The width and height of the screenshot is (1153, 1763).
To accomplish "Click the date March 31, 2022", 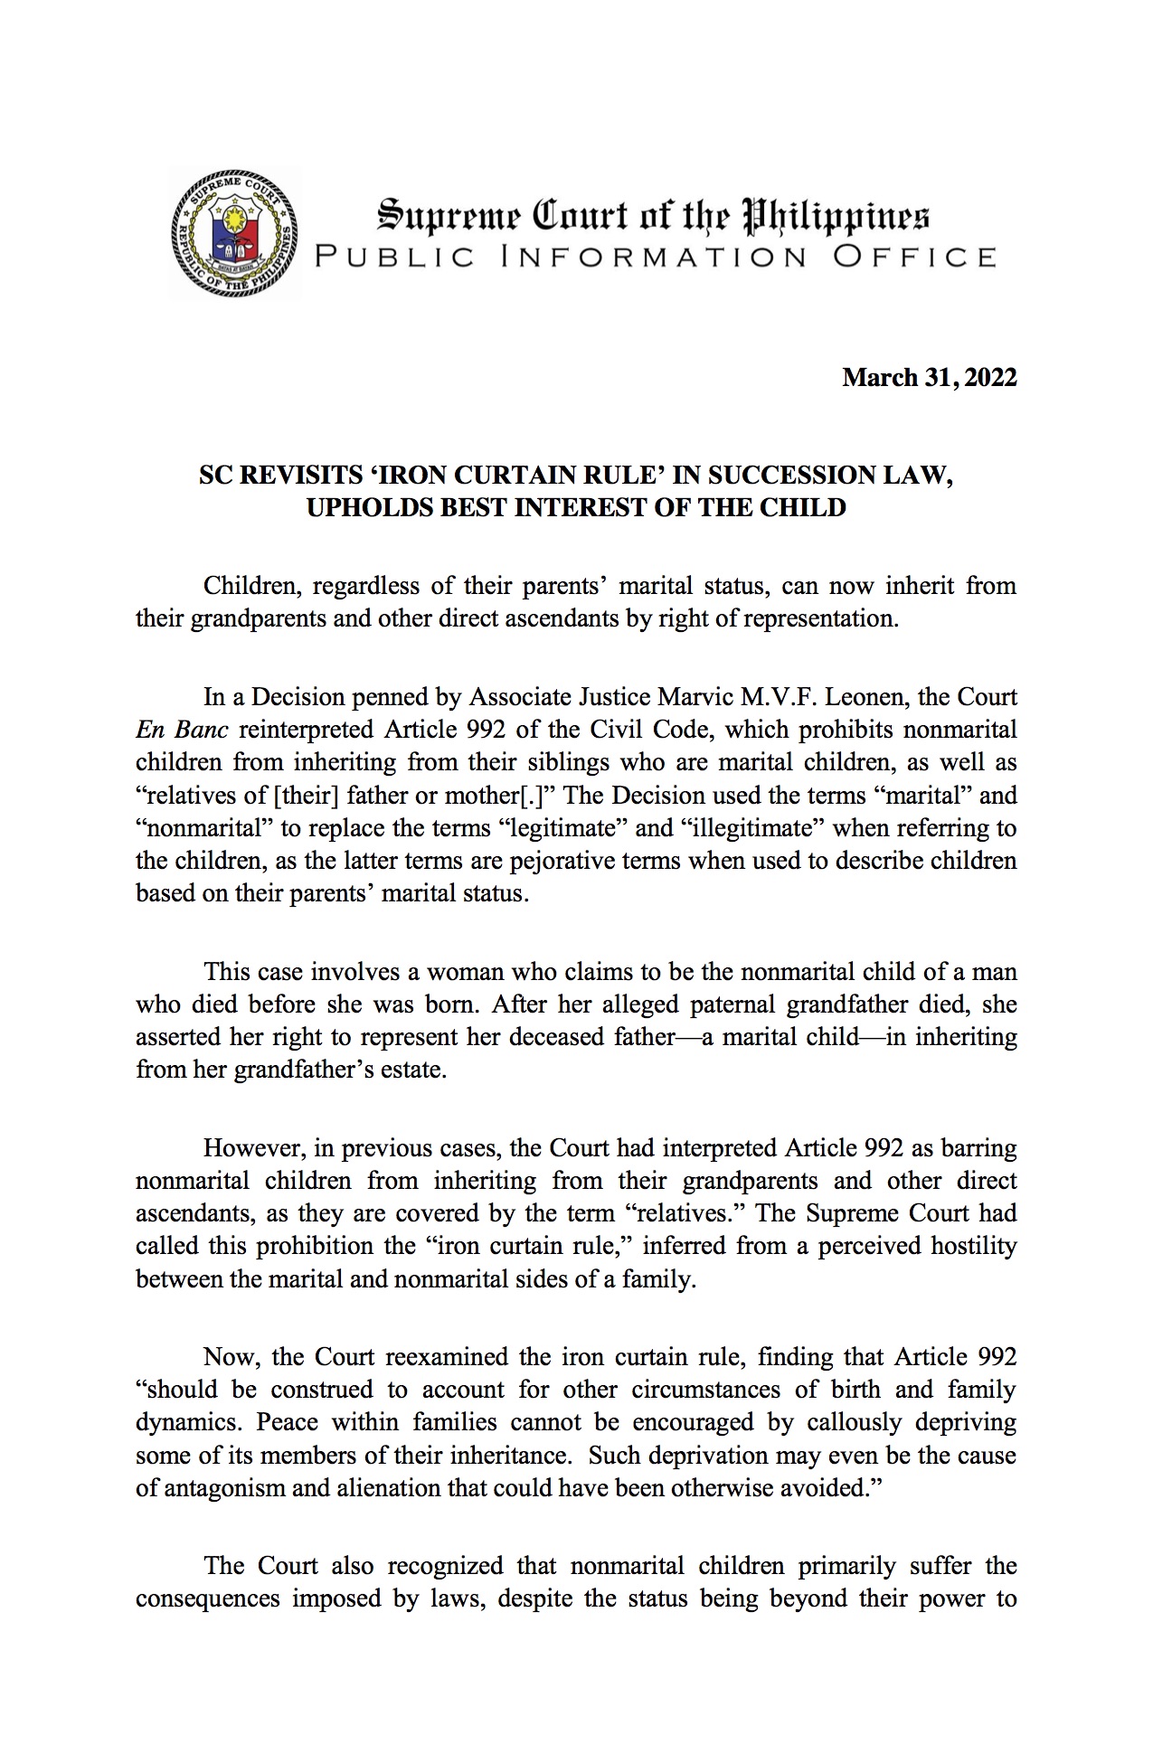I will (x=929, y=377).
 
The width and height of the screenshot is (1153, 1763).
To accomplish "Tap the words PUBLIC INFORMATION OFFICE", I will (x=655, y=257).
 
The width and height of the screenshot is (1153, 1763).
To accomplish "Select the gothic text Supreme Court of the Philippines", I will (x=653, y=217).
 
